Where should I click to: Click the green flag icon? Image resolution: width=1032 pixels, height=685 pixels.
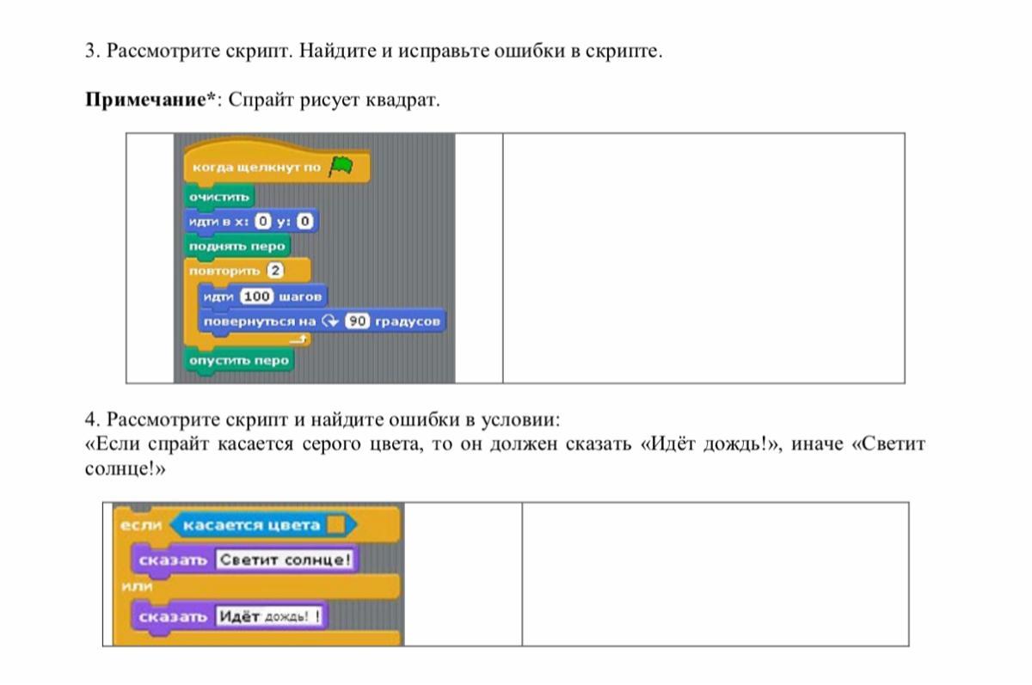tap(341, 166)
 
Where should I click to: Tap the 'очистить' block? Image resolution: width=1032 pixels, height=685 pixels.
tap(219, 197)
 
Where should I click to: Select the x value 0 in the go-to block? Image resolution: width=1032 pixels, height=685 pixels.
tap(262, 222)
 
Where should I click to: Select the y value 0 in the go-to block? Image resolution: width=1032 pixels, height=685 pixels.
tap(305, 222)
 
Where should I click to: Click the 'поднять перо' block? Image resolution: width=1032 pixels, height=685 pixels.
tap(237, 247)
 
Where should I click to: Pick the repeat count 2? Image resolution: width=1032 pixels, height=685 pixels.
tap(275, 270)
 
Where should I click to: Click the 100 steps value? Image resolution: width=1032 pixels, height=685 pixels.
tap(256, 297)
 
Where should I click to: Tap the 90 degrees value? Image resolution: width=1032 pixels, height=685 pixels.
tap(357, 321)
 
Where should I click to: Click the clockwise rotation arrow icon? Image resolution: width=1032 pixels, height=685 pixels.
tap(330, 321)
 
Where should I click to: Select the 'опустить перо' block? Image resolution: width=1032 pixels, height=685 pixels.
tap(239, 360)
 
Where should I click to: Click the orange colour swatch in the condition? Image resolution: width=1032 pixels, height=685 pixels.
tap(336, 525)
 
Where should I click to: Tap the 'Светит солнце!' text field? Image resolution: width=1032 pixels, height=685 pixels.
tap(286, 560)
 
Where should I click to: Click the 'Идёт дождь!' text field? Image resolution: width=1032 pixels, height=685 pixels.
tap(269, 616)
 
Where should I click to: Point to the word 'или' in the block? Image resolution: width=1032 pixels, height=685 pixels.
tap(137, 586)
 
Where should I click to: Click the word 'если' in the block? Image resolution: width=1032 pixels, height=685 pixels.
tap(141, 525)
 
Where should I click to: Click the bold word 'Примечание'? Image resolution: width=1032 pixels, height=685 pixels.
tap(145, 100)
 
